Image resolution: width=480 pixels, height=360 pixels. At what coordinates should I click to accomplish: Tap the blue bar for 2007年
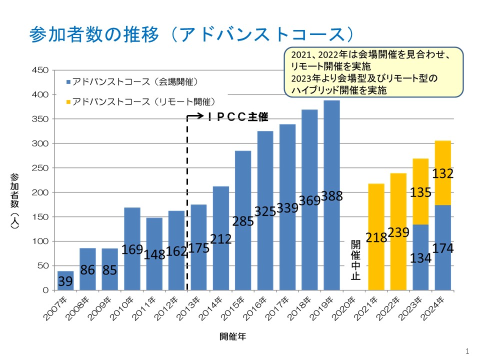click(x=65, y=280)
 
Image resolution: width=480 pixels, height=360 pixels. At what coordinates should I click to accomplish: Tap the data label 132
click(x=443, y=173)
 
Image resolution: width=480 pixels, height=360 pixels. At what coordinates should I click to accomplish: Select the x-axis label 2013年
click(x=191, y=308)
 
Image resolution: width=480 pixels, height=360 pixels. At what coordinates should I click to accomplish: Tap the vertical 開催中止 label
click(x=355, y=260)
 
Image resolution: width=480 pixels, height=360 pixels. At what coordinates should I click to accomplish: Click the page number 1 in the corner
click(x=467, y=350)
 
